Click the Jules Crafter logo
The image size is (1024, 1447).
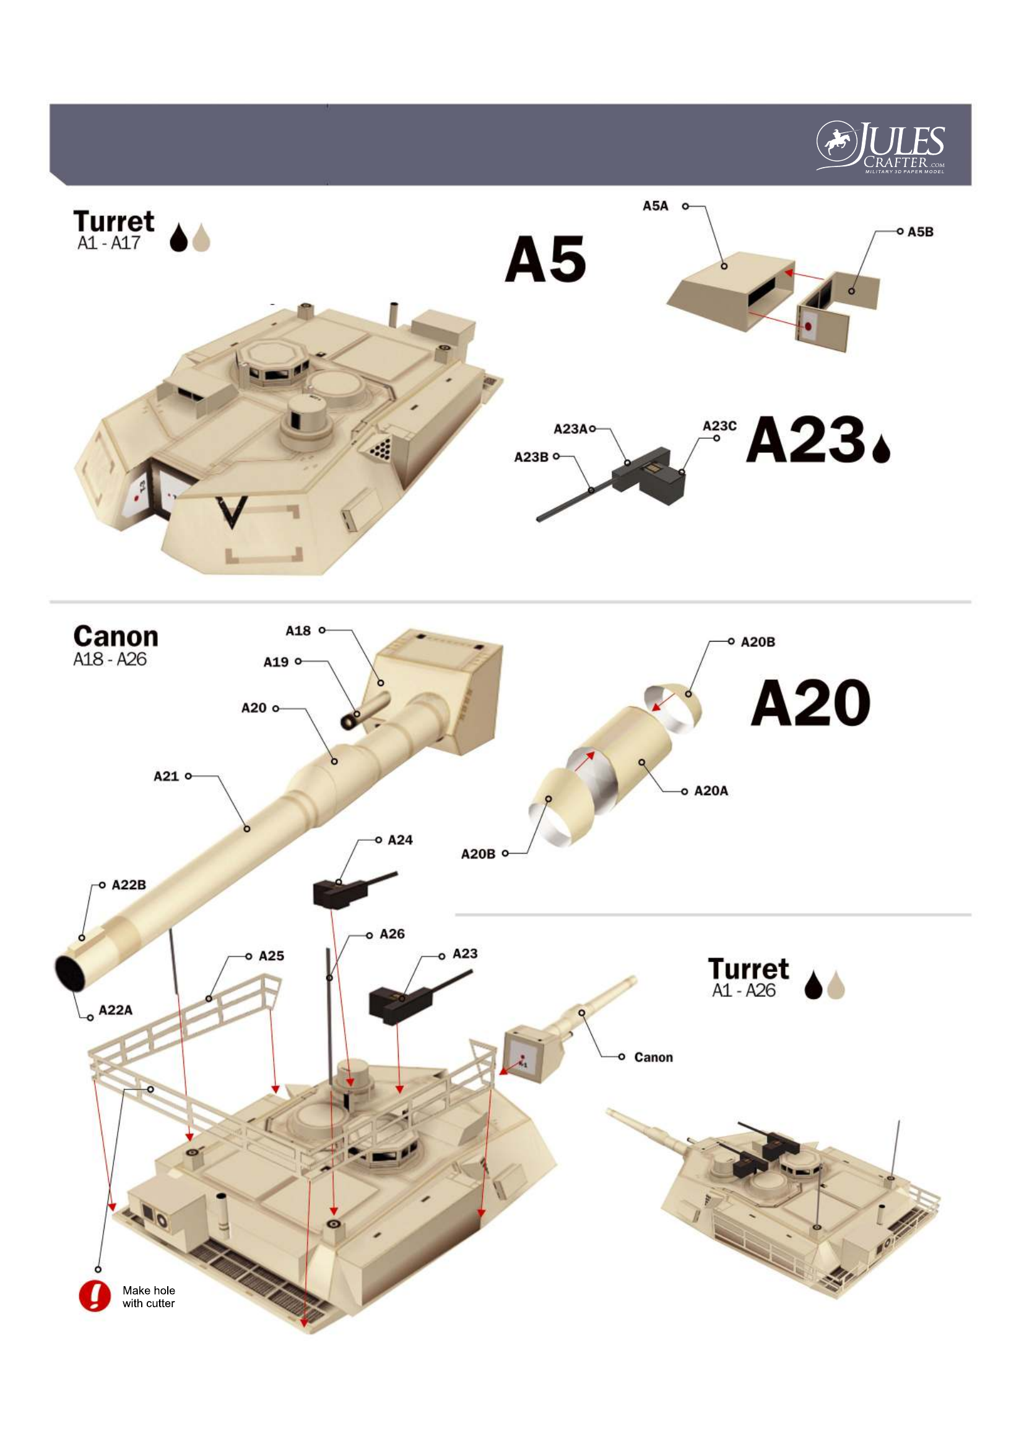[x=881, y=147]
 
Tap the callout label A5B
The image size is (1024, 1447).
[x=920, y=232]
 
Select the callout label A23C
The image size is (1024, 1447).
[x=719, y=426]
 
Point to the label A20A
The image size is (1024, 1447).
[x=711, y=791]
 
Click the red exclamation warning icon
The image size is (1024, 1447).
[x=95, y=1296]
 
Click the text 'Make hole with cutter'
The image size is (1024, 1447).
[x=149, y=1297]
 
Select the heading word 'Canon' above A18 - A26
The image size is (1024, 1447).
[x=115, y=637]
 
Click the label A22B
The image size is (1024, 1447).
[x=129, y=885]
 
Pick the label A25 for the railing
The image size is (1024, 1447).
[x=271, y=956]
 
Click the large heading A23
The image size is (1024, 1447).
[x=805, y=439]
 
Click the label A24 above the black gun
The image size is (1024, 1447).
[x=400, y=839]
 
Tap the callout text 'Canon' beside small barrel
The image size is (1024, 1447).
[x=653, y=1057]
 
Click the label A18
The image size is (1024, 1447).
[x=298, y=630]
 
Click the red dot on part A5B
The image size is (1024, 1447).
[x=807, y=327]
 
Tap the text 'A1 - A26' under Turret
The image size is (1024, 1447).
[x=744, y=990]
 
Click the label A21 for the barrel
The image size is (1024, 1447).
[x=167, y=776]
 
